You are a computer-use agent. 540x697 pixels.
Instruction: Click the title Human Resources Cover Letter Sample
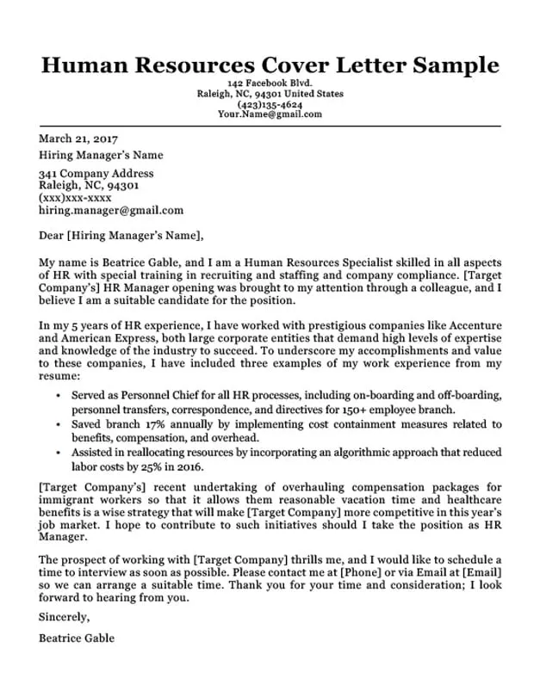pyautogui.click(x=270, y=65)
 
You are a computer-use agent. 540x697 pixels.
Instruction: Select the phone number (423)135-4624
pyautogui.click(x=270, y=104)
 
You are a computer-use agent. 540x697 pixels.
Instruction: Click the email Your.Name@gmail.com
pyautogui.click(x=270, y=114)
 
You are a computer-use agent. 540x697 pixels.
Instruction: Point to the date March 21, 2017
pyautogui.click(x=78, y=139)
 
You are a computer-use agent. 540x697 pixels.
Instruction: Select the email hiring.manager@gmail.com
pyautogui.click(x=111, y=210)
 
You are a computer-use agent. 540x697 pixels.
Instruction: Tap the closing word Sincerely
pyautogui.click(x=64, y=617)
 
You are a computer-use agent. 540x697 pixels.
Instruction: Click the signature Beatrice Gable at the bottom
pyautogui.click(x=77, y=638)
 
